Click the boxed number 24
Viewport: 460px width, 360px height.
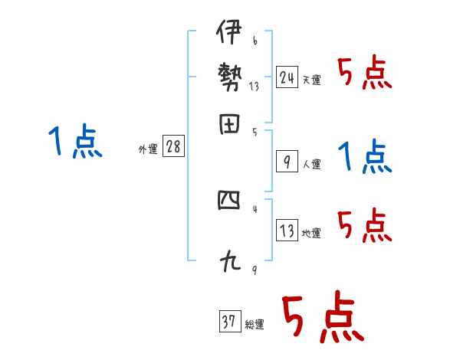(287, 77)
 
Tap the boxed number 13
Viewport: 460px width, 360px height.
(287, 231)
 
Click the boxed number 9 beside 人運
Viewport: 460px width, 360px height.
(287, 162)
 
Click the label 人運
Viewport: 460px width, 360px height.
(311, 164)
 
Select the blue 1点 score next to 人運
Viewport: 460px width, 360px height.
(366, 157)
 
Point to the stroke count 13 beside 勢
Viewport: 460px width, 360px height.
(254, 87)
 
